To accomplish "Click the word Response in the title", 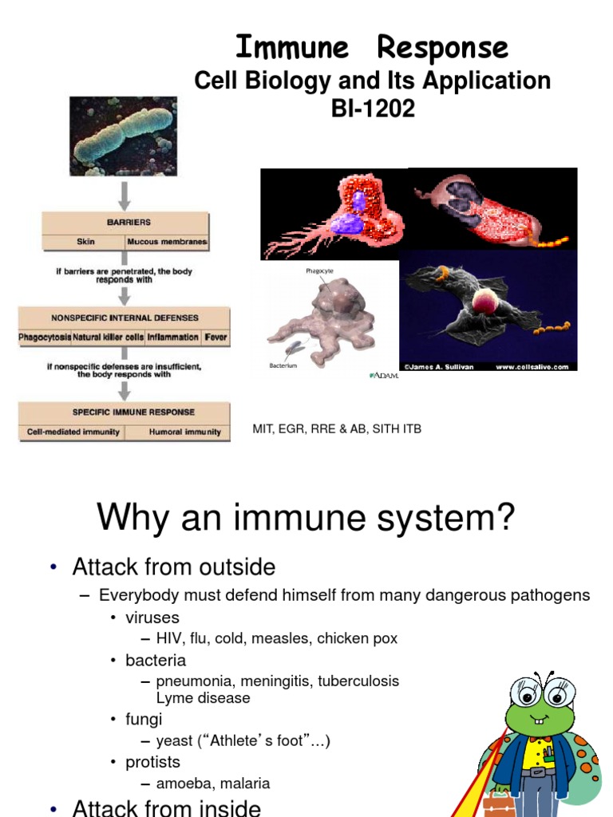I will click(x=442, y=48).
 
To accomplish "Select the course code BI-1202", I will click(x=374, y=109).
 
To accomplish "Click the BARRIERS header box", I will click(x=126, y=223).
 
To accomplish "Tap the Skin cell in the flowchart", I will click(x=85, y=242).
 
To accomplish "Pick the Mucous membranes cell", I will click(x=168, y=242).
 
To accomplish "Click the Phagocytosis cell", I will click(x=45, y=337).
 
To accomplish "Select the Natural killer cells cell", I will click(x=109, y=337).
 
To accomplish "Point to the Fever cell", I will click(x=216, y=337).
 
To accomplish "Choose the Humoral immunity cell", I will click(x=185, y=432).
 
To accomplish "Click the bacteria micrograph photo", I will click(x=123, y=136).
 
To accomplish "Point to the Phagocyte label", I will click(x=319, y=271).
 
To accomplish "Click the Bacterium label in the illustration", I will click(x=283, y=365).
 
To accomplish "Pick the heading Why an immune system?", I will click(x=306, y=519).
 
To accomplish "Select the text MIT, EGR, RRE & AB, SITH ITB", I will click(x=337, y=429).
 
